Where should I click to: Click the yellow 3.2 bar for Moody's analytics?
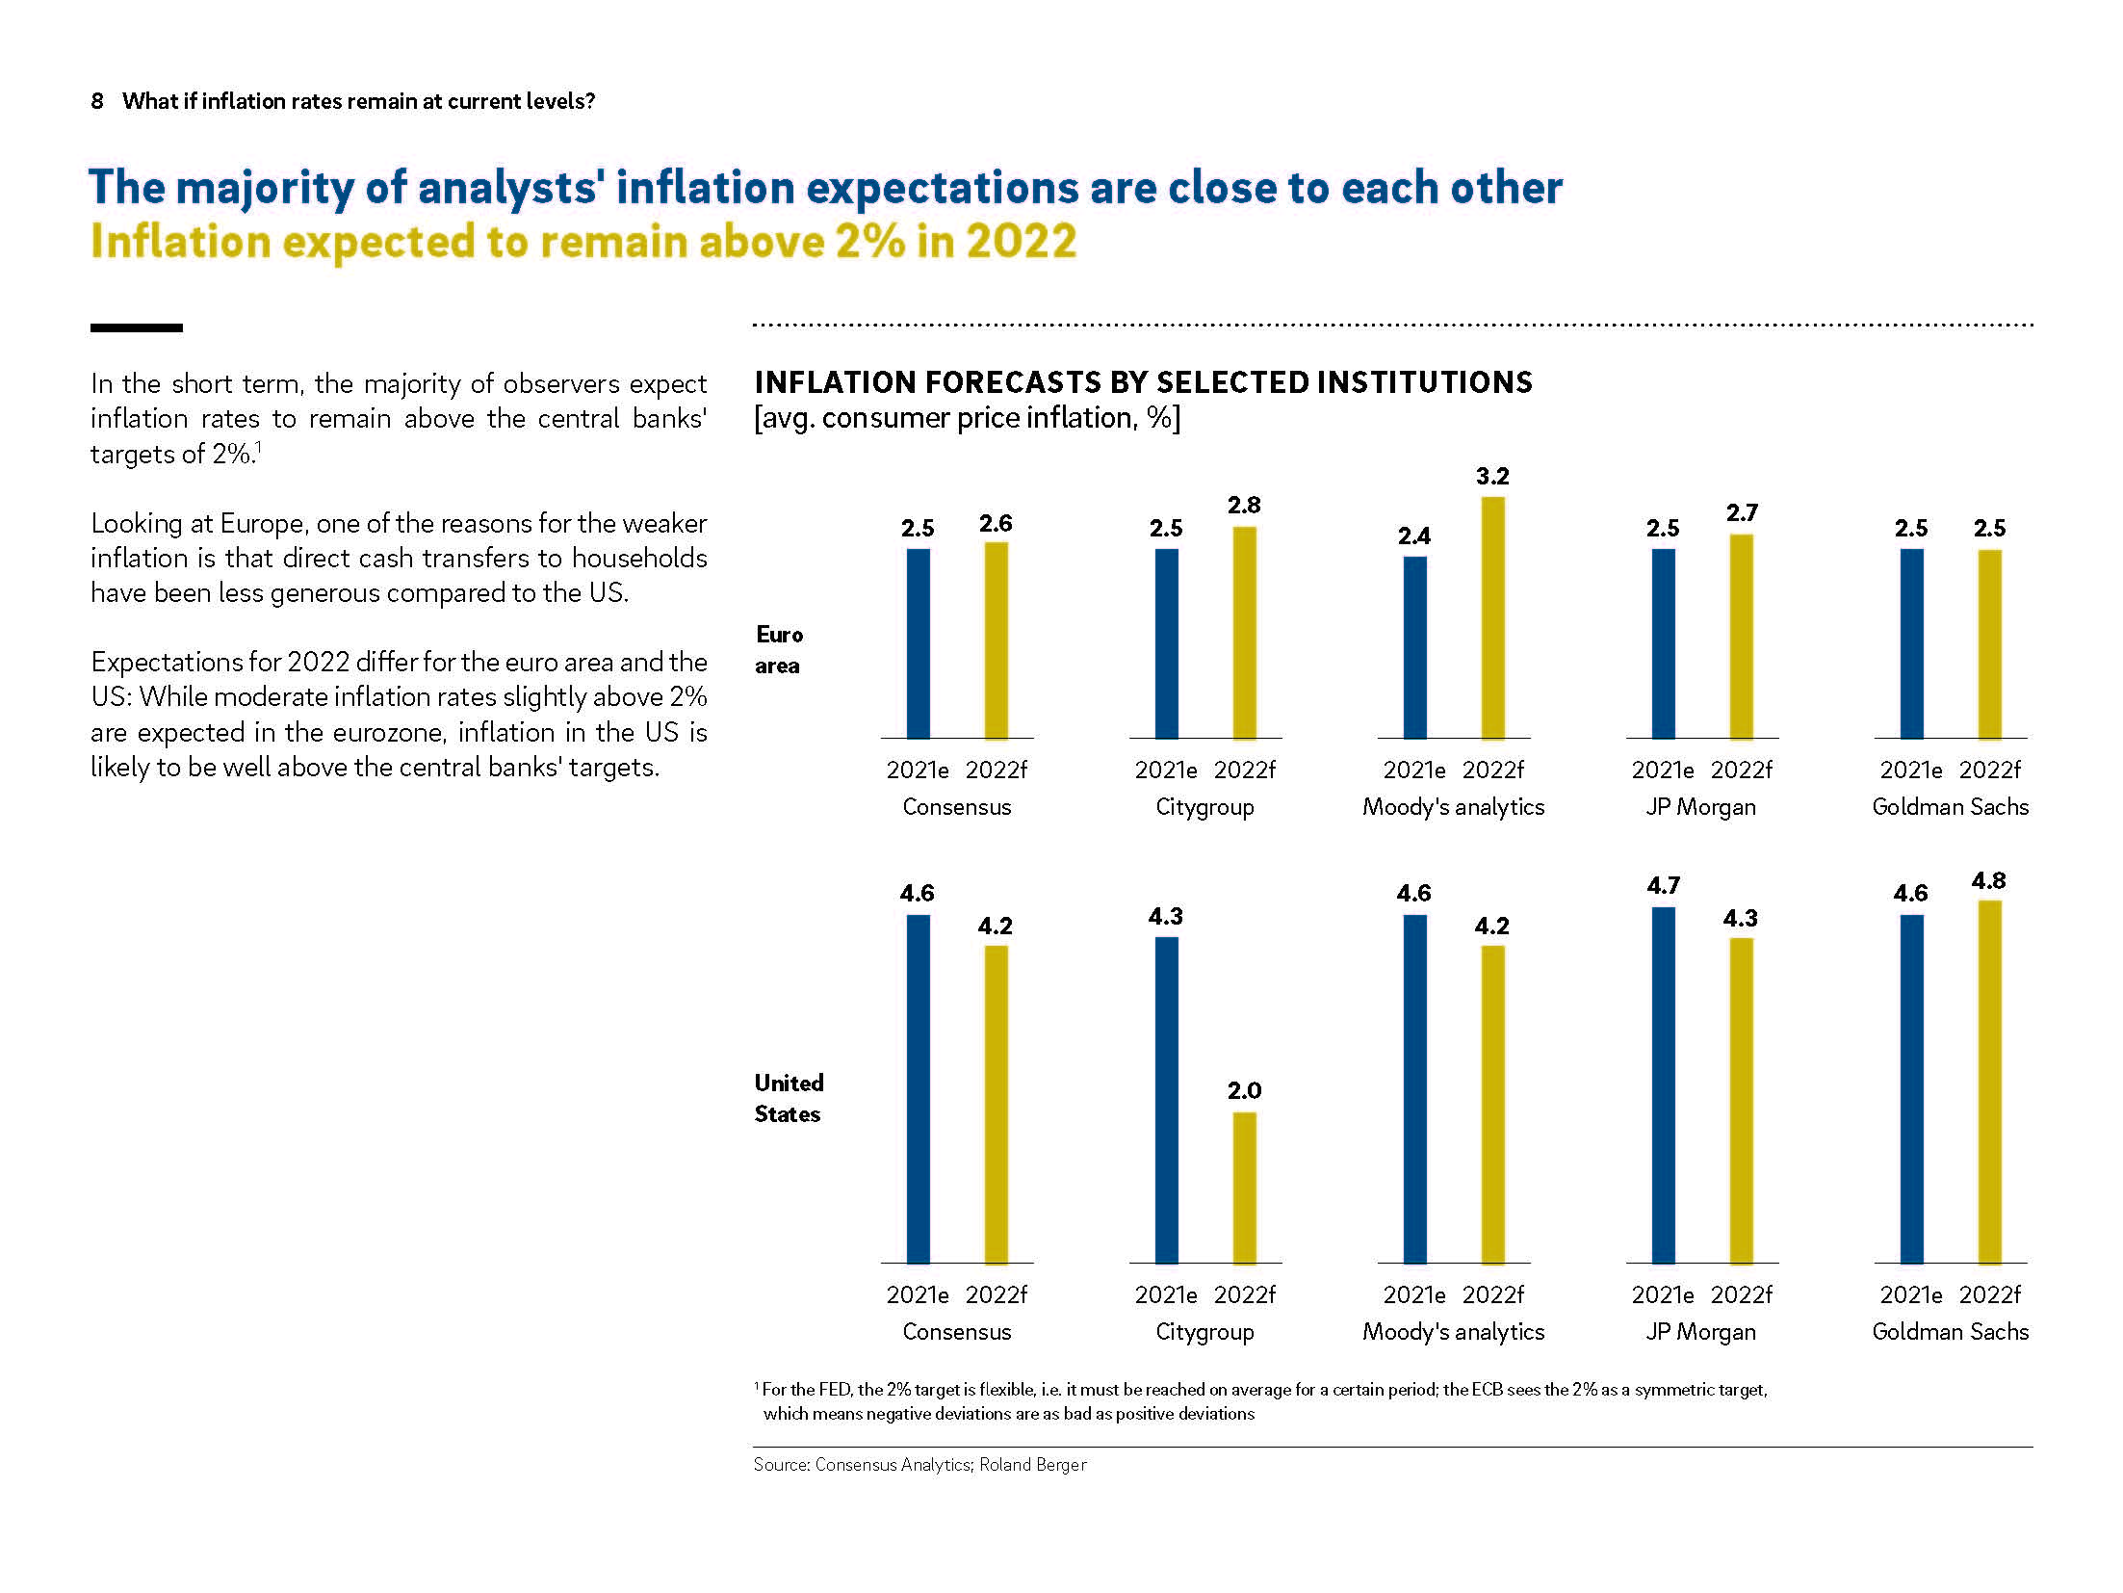1492,617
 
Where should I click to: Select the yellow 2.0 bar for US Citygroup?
1244,1187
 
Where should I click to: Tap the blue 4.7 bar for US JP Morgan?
1663,1084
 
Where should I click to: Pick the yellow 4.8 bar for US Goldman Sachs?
1989,1081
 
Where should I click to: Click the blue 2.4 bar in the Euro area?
1414,647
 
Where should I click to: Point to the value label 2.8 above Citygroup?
1244,506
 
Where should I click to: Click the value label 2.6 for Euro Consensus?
996,524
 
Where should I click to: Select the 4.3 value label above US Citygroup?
1165,917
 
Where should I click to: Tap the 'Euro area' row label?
779,650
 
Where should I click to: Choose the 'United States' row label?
789,1098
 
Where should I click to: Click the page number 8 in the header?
97,101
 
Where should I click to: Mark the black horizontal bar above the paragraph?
136,328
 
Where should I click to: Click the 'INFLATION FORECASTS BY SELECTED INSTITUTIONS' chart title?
1143,382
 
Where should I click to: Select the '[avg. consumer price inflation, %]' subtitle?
967,418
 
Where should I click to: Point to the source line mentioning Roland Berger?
919,1465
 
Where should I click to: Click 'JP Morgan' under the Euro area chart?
1700,807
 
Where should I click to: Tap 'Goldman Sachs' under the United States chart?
1950,1332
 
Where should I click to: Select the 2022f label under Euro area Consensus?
996,770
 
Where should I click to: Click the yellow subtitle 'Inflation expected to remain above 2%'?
583,242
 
